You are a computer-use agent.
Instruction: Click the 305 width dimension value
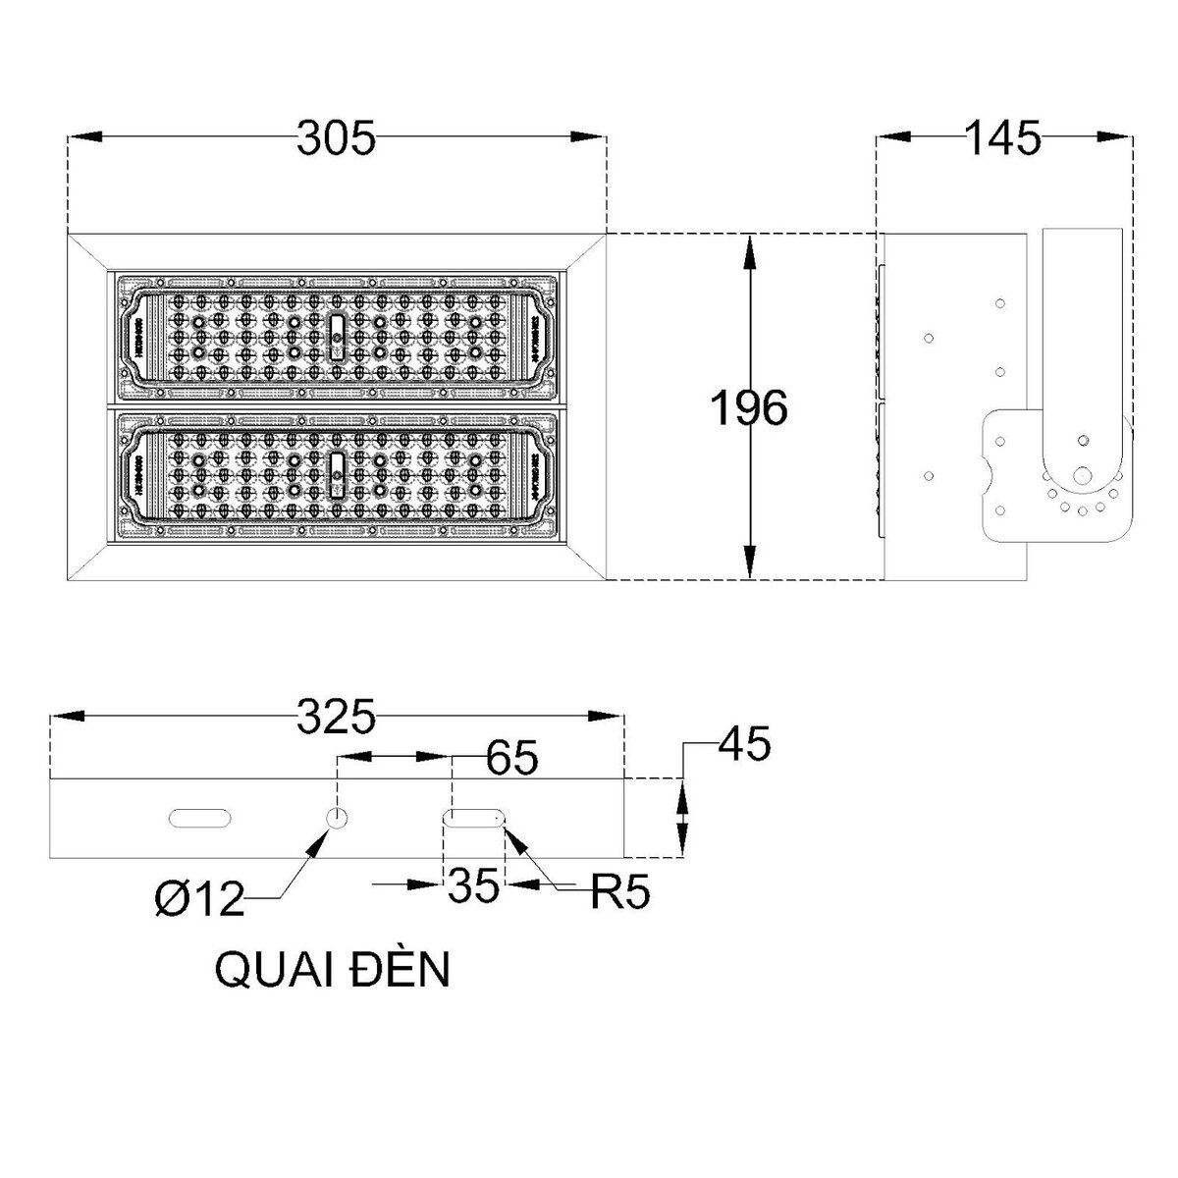336,139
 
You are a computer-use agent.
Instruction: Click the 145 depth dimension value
1002,138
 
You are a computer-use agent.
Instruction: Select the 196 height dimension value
748,408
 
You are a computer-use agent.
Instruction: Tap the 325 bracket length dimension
336,718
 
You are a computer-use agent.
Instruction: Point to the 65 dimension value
511,757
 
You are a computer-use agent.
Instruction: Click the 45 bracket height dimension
744,744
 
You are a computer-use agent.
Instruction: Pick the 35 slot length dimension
475,886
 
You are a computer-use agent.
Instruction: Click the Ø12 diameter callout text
199,898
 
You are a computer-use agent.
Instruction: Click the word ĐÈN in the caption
404,969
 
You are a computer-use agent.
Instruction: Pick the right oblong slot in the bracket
475,818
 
